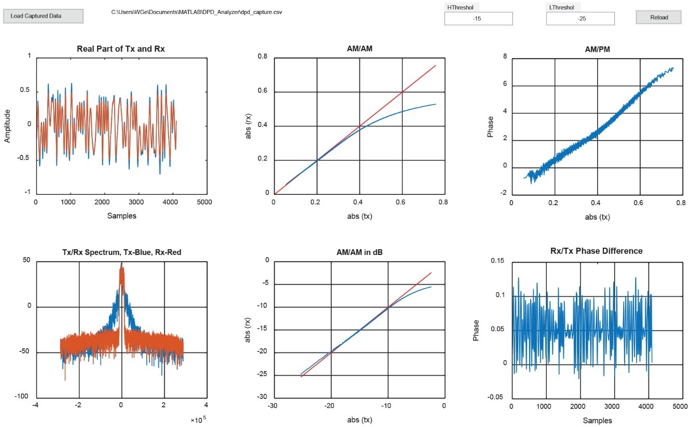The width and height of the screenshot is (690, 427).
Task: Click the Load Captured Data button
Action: pos(43,16)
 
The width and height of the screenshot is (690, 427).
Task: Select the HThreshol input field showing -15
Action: pos(478,19)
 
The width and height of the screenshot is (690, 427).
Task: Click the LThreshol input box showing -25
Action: pos(580,19)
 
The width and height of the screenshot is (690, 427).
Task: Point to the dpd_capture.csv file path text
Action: pos(197,11)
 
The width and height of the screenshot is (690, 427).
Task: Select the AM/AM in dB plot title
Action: pos(359,252)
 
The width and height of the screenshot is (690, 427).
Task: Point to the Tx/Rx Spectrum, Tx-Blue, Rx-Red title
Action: pos(121,252)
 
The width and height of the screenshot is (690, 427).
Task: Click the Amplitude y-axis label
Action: pos(7,125)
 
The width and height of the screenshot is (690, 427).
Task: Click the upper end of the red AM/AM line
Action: pos(435,66)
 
